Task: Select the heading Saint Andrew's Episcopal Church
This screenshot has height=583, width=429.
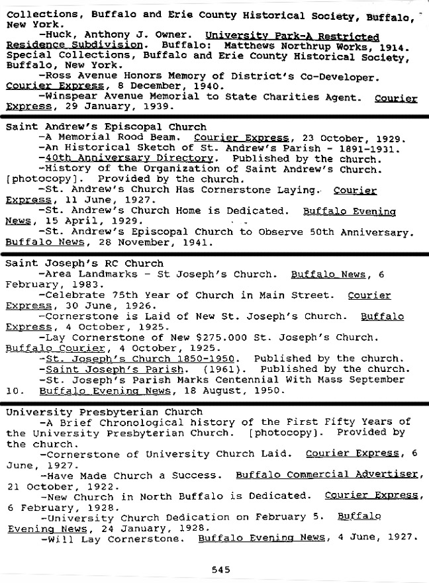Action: point(106,127)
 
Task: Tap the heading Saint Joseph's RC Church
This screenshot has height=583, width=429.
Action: point(84,263)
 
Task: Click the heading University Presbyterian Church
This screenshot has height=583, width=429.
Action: point(95,412)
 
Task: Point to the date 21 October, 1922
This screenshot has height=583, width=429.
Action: point(61,485)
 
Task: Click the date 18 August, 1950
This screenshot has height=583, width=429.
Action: point(238,390)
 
